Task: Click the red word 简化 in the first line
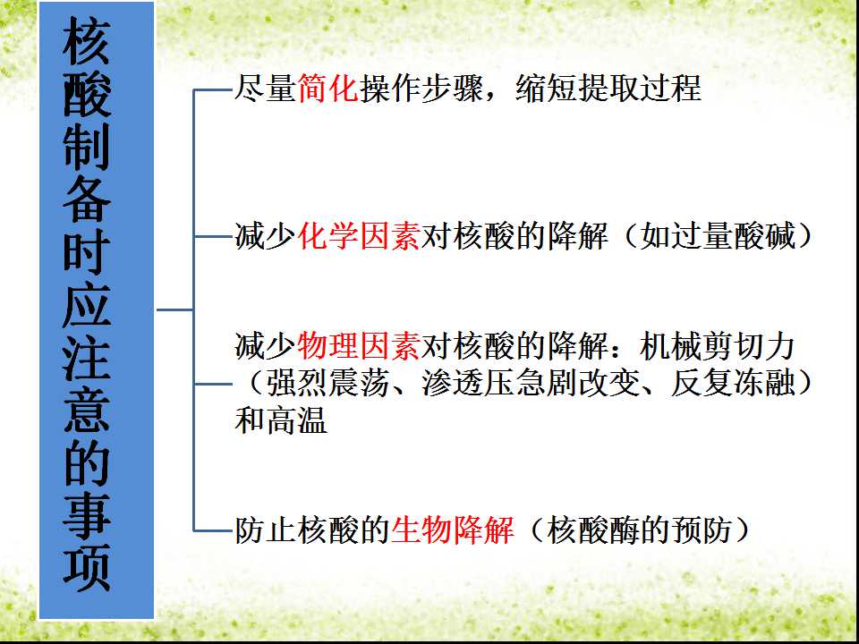click(x=328, y=89)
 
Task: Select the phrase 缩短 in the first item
click(x=546, y=89)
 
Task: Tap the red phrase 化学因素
click(x=359, y=236)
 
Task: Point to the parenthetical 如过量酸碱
click(x=718, y=236)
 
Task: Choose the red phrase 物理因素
click(x=359, y=345)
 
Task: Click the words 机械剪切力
click(x=718, y=345)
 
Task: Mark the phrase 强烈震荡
click(x=327, y=383)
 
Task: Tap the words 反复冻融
click(x=733, y=383)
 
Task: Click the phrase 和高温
click(x=281, y=420)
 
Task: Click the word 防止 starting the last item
click(x=266, y=530)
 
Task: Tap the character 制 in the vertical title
click(x=87, y=148)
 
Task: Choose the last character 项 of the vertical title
click(x=87, y=567)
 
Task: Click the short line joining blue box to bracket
click(x=174, y=310)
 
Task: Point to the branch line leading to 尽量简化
click(x=214, y=89)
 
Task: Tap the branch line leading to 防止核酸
click(x=214, y=530)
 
